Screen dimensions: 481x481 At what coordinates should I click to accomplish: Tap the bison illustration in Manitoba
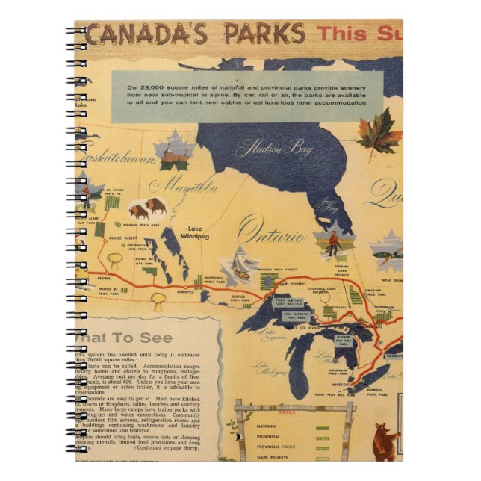(148, 208)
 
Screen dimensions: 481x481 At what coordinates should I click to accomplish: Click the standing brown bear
(386, 441)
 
